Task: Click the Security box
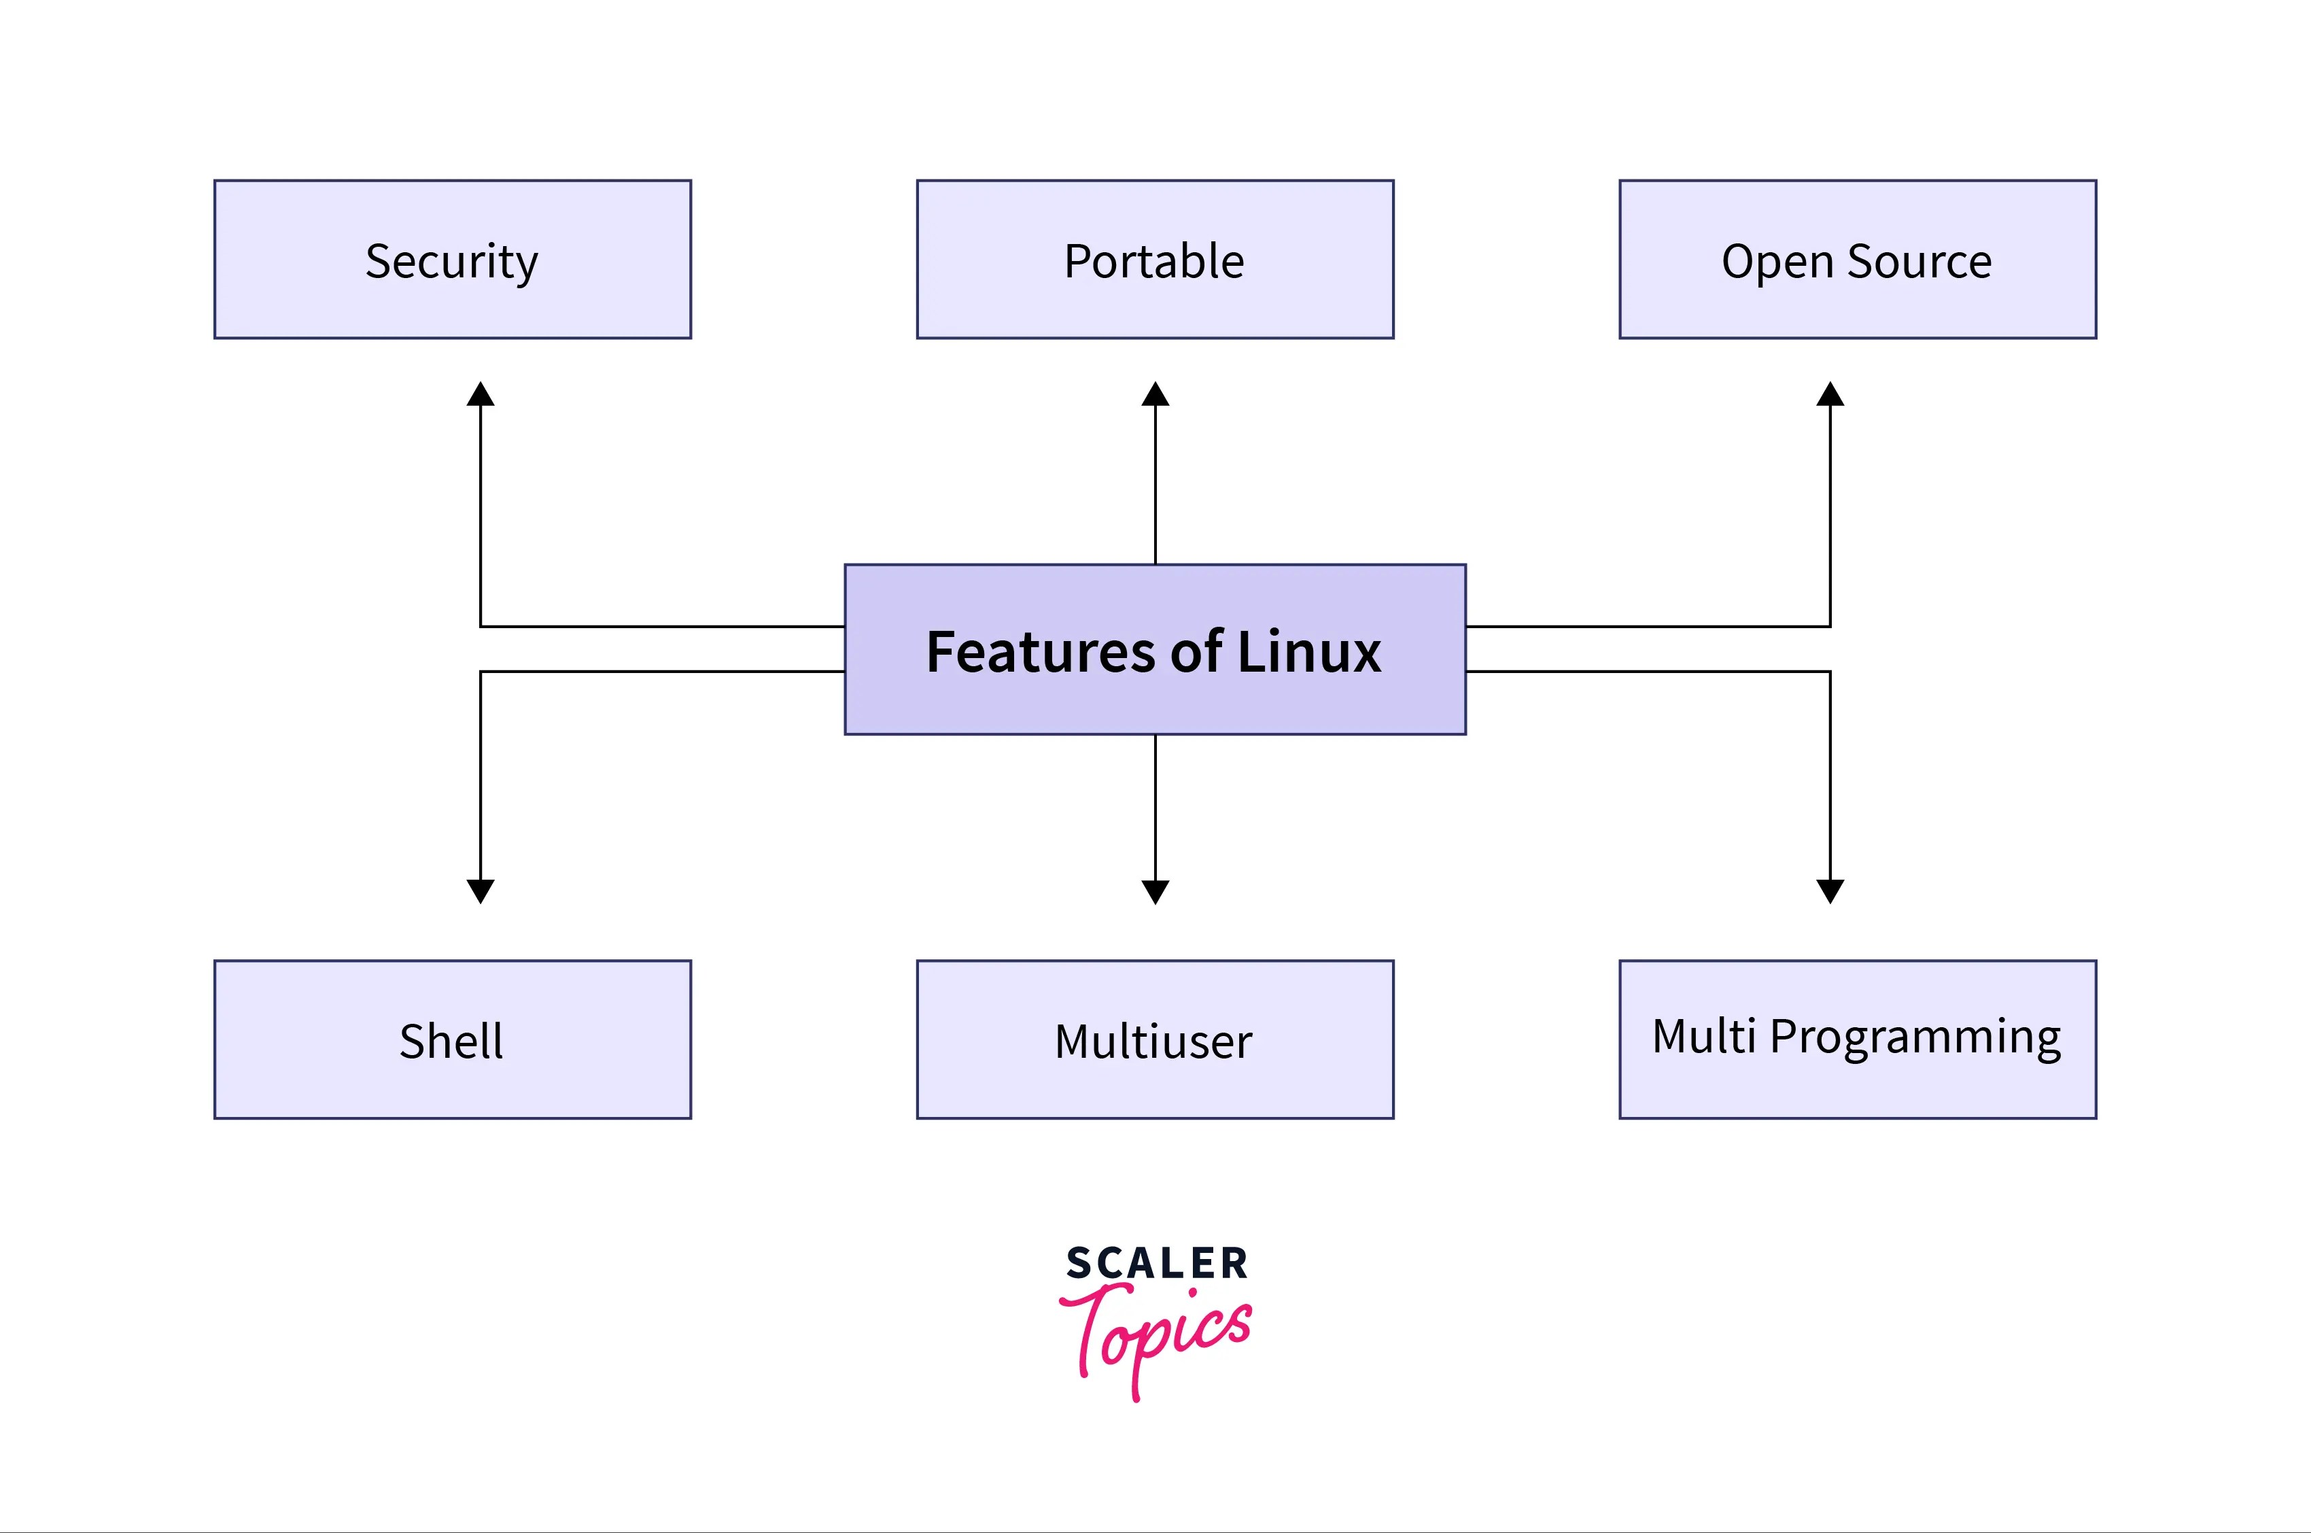[451, 260]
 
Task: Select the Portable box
[1155, 260]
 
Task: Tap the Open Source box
[1858, 260]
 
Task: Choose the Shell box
[451, 1039]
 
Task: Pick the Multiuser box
[1155, 1039]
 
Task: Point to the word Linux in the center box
[1309, 652]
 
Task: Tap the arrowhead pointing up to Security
[480, 395]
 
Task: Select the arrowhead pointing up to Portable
[1155, 395]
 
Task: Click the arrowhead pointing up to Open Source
[1830, 395]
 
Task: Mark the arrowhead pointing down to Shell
[480, 891]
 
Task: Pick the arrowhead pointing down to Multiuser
[1155, 891]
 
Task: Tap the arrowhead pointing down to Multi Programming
[1830, 891]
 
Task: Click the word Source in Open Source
[1919, 262]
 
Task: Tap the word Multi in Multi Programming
[1704, 1036]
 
